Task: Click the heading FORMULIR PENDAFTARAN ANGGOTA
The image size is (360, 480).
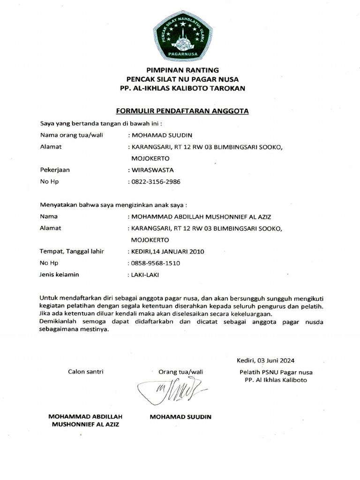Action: [x=182, y=111]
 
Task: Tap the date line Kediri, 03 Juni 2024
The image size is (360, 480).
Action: [x=266, y=360]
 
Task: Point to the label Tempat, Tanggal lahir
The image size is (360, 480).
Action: [x=71, y=251]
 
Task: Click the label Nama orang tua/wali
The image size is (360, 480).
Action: [x=71, y=135]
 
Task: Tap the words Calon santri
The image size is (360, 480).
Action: [x=86, y=372]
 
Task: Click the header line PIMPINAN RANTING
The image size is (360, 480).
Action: [x=182, y=70]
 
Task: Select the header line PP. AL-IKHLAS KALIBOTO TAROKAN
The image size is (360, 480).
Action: [x=182, y=88]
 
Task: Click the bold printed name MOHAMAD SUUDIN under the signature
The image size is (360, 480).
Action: [x=180, y=416]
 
